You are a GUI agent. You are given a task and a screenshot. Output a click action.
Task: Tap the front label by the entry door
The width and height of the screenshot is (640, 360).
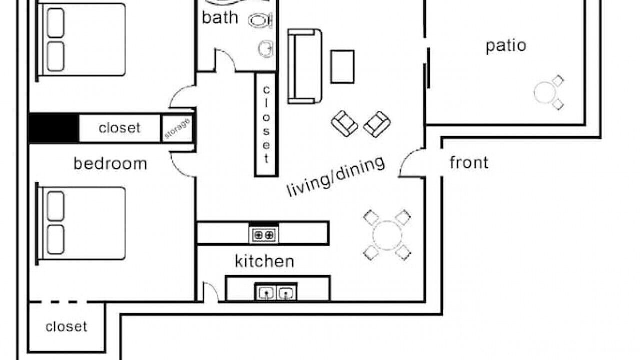coord(469,163)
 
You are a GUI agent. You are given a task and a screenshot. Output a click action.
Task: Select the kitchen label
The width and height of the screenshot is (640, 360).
coord(264,261)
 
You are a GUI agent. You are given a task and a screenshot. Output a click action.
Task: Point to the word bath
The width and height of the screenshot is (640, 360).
coord(220,17)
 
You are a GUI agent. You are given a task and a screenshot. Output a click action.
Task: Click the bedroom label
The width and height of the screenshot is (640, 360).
coord(110,163)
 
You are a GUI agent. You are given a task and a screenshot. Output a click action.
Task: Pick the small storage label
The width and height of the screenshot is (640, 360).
coord(177,129)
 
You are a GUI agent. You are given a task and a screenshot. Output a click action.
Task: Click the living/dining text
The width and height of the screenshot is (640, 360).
coord(336,176)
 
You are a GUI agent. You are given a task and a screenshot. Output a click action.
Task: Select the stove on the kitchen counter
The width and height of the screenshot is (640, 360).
coord(263,235)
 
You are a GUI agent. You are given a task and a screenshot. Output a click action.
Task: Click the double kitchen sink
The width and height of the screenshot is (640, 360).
coord(276,292)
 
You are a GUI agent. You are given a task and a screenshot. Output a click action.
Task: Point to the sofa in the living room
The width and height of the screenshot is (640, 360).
coord(305,66)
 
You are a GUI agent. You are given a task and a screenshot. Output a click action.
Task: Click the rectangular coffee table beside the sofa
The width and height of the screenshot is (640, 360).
coord(343,67)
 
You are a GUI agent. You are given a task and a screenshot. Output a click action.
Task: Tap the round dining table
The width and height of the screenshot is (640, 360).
coord(387,235)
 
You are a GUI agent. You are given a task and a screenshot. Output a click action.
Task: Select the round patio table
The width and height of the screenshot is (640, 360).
coord(545,93)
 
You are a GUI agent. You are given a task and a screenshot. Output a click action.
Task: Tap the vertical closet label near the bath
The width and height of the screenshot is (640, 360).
coord(266,125)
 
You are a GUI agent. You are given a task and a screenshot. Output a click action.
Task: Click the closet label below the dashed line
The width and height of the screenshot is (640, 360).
coord(66,327)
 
